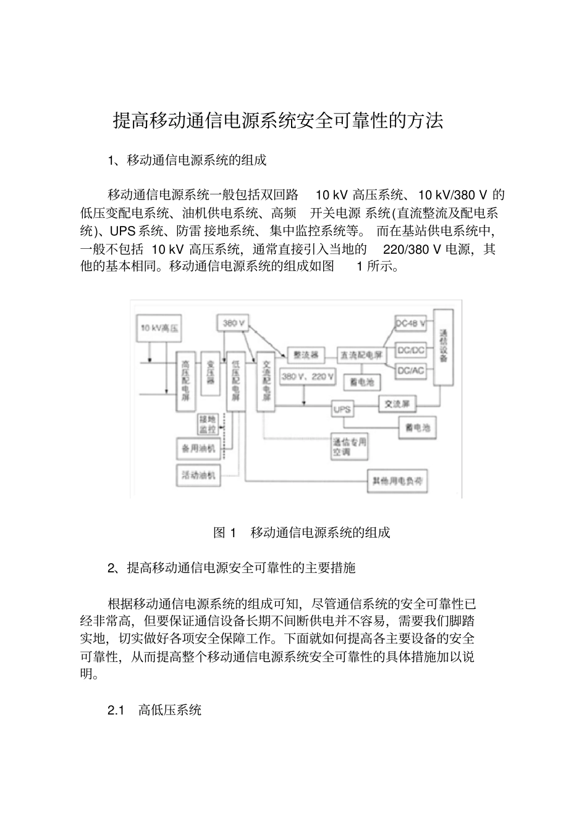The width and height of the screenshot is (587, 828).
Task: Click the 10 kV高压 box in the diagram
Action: pos(159,329)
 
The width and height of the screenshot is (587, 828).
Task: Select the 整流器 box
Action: pos(305,355)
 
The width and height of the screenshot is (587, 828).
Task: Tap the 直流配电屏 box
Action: pos(360,355)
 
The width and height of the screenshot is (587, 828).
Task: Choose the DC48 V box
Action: pos(410,324)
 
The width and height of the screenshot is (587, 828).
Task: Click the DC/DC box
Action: pos(410,350)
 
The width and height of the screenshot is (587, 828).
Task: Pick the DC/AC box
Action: pos(410,370)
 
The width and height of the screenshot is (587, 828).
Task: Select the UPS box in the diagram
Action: pos(342,409)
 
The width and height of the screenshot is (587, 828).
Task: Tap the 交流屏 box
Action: pos(397,404)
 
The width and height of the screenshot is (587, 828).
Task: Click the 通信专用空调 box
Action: pos(350,447)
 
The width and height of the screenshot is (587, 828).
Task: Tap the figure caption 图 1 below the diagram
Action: pos(224,533)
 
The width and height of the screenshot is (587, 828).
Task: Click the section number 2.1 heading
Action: pos(116,710)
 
